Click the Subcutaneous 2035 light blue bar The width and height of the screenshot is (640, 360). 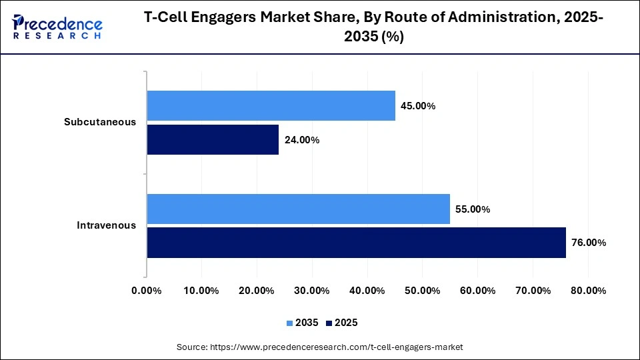click(271, 106)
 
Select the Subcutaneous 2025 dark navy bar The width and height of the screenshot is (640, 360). click(213, 140)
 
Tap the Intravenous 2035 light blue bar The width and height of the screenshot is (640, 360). click(298, 209)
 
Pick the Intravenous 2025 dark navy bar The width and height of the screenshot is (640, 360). click(356, 243)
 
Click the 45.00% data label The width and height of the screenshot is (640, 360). click(417, 106)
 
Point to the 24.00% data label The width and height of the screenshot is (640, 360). click(301, 140)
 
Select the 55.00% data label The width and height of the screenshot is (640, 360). click(472, 209)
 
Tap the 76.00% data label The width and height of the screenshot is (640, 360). click(588, 243)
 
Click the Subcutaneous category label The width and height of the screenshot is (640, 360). click(100, 122)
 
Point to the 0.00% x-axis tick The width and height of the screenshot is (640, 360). click(147, 291)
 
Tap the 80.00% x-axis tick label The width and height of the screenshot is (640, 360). click(588, 291)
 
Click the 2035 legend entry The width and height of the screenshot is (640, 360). click(303, 323)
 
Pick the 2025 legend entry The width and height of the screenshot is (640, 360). click(343, 323)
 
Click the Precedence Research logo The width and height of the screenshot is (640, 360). click(57, 27)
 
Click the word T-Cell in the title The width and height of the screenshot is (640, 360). click(168, 19)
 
